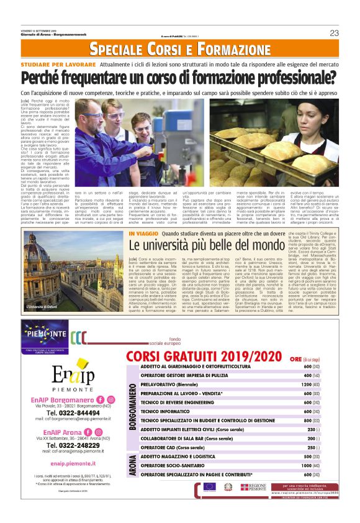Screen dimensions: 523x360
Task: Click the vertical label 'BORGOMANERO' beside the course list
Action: pyautogui.click(x=132, y=407)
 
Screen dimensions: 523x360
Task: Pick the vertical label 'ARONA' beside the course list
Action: pyautogui.click(x=132, y=465)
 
